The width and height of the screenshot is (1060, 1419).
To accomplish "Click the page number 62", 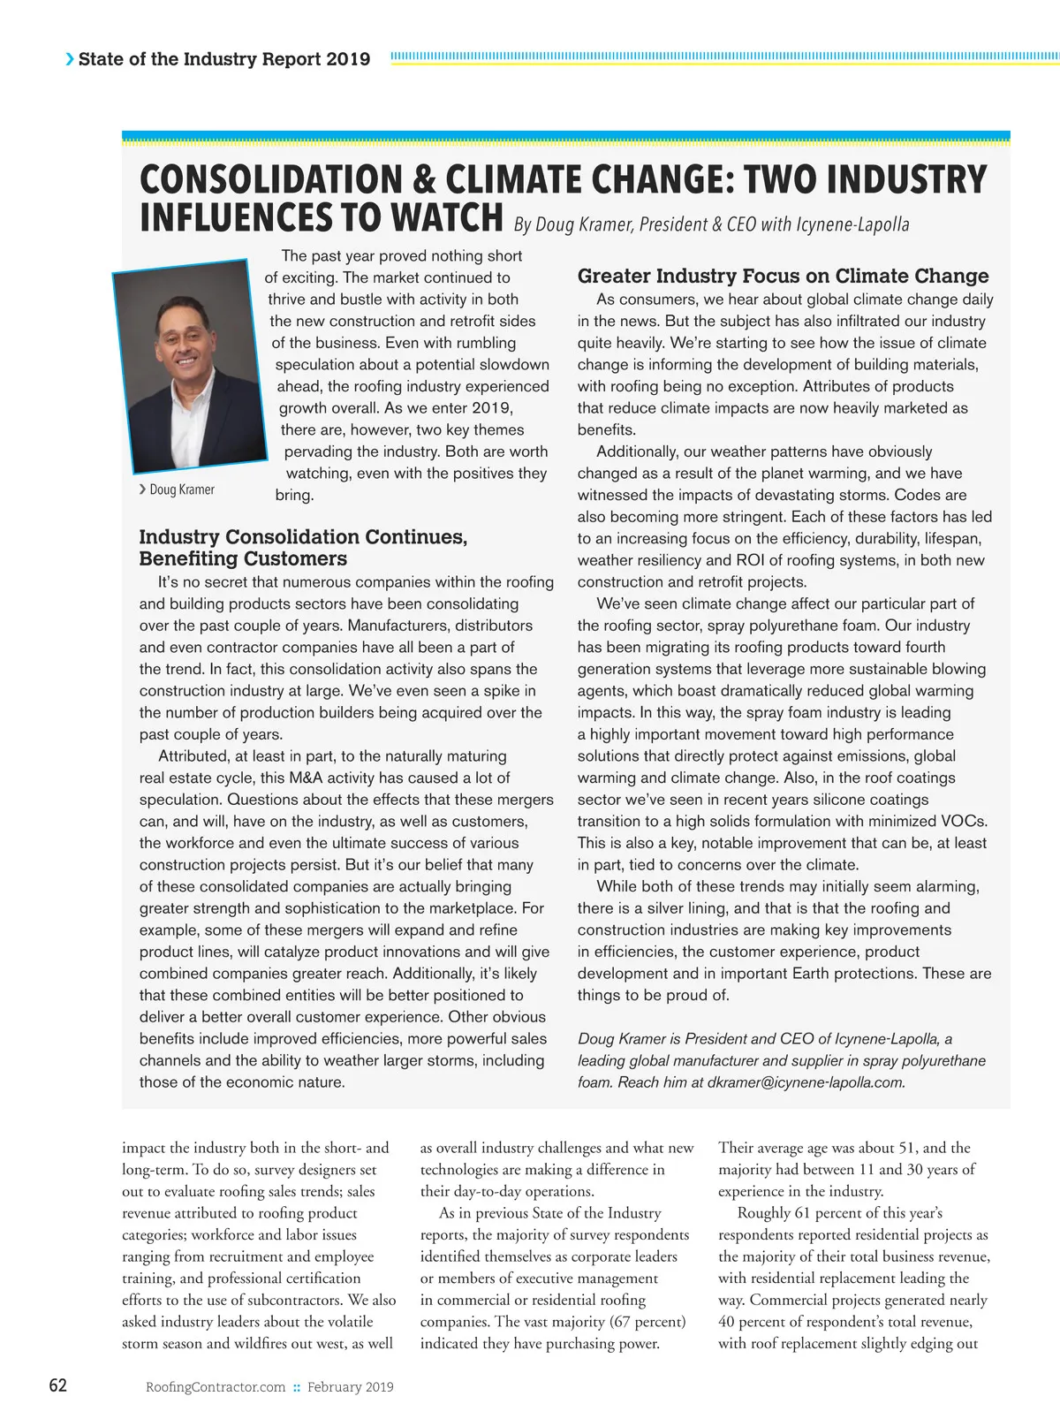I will click(x=57, y=1385).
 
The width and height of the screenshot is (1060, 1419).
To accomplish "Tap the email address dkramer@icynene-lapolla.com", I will click(x=806, y=1082).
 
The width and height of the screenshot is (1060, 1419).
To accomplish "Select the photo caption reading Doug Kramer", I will click(x=182, y=489).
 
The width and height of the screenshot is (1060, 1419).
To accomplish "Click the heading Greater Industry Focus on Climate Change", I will click(x=783, y=276).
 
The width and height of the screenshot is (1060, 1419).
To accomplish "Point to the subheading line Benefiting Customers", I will click(x=243, y=559).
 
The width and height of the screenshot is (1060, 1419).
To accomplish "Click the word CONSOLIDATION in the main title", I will click(x=269, y=179).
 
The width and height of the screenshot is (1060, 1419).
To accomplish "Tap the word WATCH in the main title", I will click(x=446, y=218).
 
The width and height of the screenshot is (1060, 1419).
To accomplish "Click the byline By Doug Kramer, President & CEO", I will click(x=711, y=224).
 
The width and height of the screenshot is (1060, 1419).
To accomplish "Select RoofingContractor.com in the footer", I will click(x=216, y=1387).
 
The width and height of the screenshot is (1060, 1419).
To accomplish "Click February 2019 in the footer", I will click(x=351, y=1387).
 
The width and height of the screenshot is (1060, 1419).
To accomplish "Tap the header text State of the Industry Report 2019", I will click(x=224, y=59).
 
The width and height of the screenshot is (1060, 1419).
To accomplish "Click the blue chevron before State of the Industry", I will click(x=70, y=59).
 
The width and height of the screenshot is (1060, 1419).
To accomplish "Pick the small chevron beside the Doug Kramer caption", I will click(x=142, y=489).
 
